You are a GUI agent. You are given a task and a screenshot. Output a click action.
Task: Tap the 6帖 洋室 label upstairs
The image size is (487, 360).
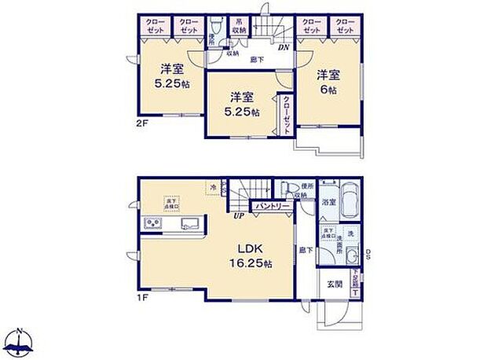[328, 82]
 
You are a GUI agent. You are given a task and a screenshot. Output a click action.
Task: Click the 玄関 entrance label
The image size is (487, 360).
[333, 285]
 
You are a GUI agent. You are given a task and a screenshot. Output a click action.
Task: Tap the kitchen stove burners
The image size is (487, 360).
[152, 226]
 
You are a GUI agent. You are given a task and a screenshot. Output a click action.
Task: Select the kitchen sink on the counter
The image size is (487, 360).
[192, 226]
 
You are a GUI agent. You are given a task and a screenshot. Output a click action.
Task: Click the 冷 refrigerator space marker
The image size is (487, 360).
[214, 187]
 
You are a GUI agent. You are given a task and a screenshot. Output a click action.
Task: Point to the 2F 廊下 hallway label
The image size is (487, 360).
[256, 59]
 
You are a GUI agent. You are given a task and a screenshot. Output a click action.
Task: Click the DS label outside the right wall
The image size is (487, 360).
[369, 253]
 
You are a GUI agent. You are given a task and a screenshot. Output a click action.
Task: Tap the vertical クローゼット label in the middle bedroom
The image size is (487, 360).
[286, 113]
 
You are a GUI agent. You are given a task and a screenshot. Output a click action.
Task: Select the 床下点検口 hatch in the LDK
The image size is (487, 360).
[171, 203]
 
